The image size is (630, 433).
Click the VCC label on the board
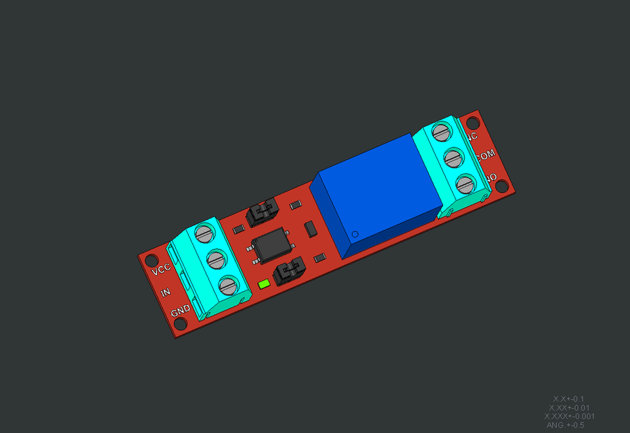pyautogui.click(x=161, y=269)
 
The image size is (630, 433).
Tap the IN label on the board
pyautogui.click(x=165, y=292)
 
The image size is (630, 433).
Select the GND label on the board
pyautogui.click(x=180, y=311)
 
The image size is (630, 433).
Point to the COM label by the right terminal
pyautogui.click(x=486, y=155)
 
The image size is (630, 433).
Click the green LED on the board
pyautogui.click(x=264, y=284)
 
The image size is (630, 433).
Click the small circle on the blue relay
pyautogui.click(x=355, y=234)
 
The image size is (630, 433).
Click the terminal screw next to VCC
pyautogui.click(x=204, y=234)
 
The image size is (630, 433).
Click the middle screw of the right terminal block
pyautogui.click(x=453, y=158)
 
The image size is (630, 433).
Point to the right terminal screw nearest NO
pyautogui.click(x=464, y=183)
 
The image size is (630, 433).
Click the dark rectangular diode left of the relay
pyautogui.click(x=311, y=229)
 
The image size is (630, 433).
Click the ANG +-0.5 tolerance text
pyautogui.click(x=564, y=426)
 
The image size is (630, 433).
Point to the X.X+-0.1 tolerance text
pyautogui.click(x=568, y=399)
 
